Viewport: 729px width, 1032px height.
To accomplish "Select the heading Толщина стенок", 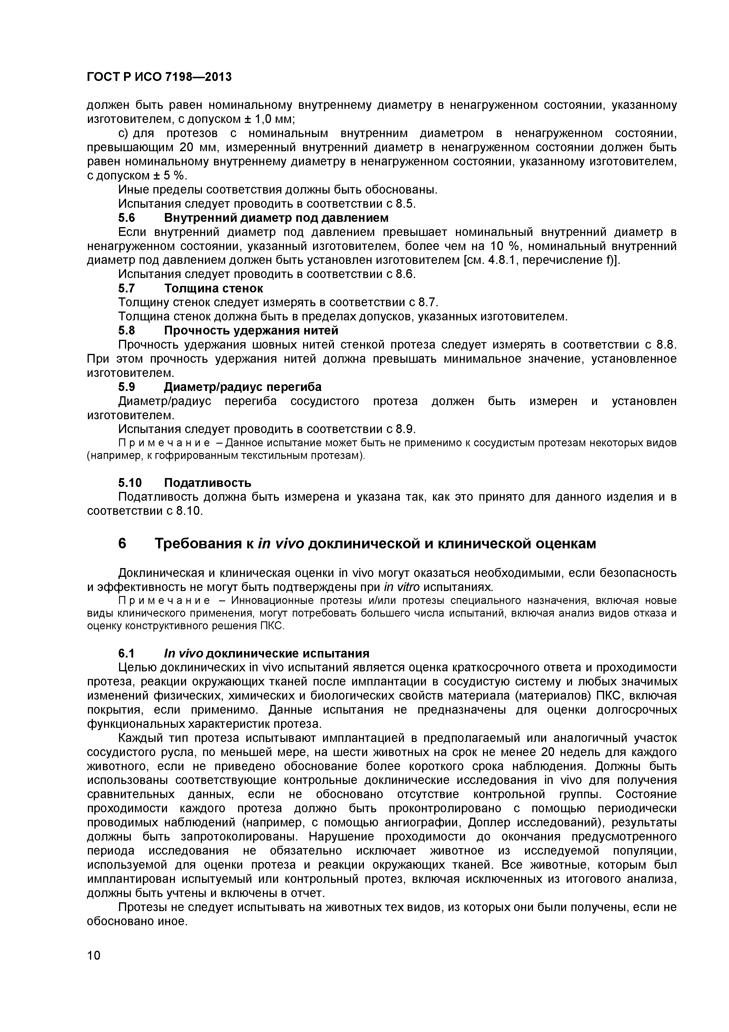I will point(213,288).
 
